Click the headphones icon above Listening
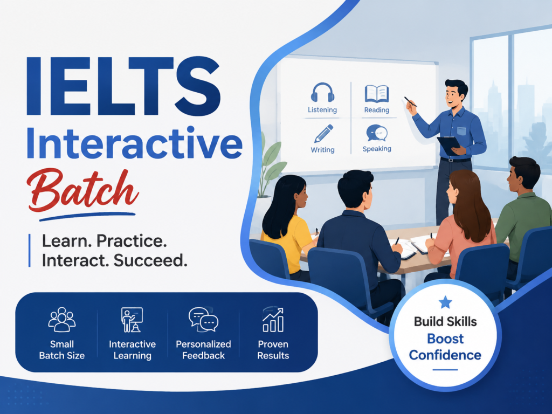pyautogui.click(x=322, y=93)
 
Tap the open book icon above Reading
pyautogui.click(x=377, y=94)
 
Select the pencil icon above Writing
pyautogui.click(x=323, y=134)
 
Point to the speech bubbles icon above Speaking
pyautogui.click(x=377, y=134)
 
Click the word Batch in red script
pyautogui.click(x=83, y=190)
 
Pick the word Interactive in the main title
pyautogui.click(x=134, y=143)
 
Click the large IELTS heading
pyautogui.click(x=123, y=86)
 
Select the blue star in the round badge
pyautogui.click(x=445, y=302)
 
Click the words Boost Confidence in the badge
pyautogui.click(x=445, y=347)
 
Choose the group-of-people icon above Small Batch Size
pyautogui.click(x=62, y=319)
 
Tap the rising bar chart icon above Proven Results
pyautogui.click(x=273, y=320)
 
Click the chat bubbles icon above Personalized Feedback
pyautogui.click(x=203, y=319)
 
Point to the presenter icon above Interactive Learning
pyautogui.click(x=132, y=320)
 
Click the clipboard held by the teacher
pyautogui.click(x=449, y=145)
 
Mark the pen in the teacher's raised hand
pyautogui.click(x=410, y=102)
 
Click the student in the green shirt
pyautogui.click(x=523, y=211)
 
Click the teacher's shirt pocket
pyautogui.click(x=461, y=131)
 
